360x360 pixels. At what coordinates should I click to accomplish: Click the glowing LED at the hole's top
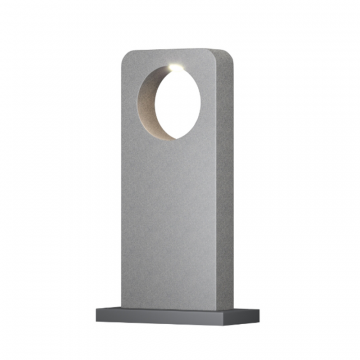click(176, 65)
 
